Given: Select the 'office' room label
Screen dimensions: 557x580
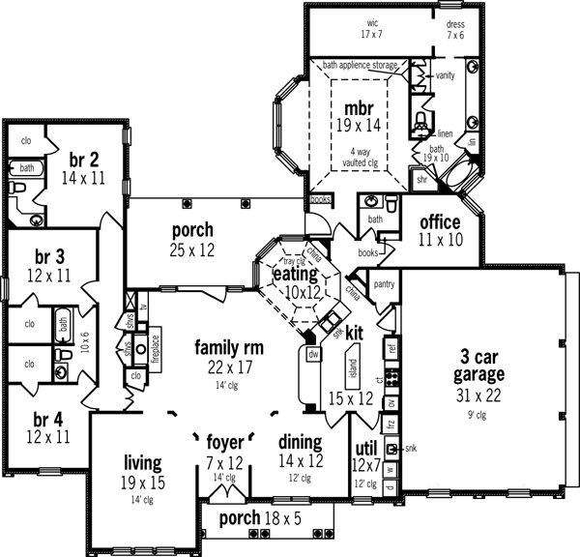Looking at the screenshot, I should coord(439,222).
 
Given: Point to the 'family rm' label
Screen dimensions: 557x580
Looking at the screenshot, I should coord(229,347).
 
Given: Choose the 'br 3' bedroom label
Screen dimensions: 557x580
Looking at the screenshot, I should coord(45,256).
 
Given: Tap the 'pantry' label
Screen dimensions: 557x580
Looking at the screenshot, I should coord(384,284).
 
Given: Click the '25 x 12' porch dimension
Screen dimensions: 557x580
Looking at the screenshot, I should coord(192,250).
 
